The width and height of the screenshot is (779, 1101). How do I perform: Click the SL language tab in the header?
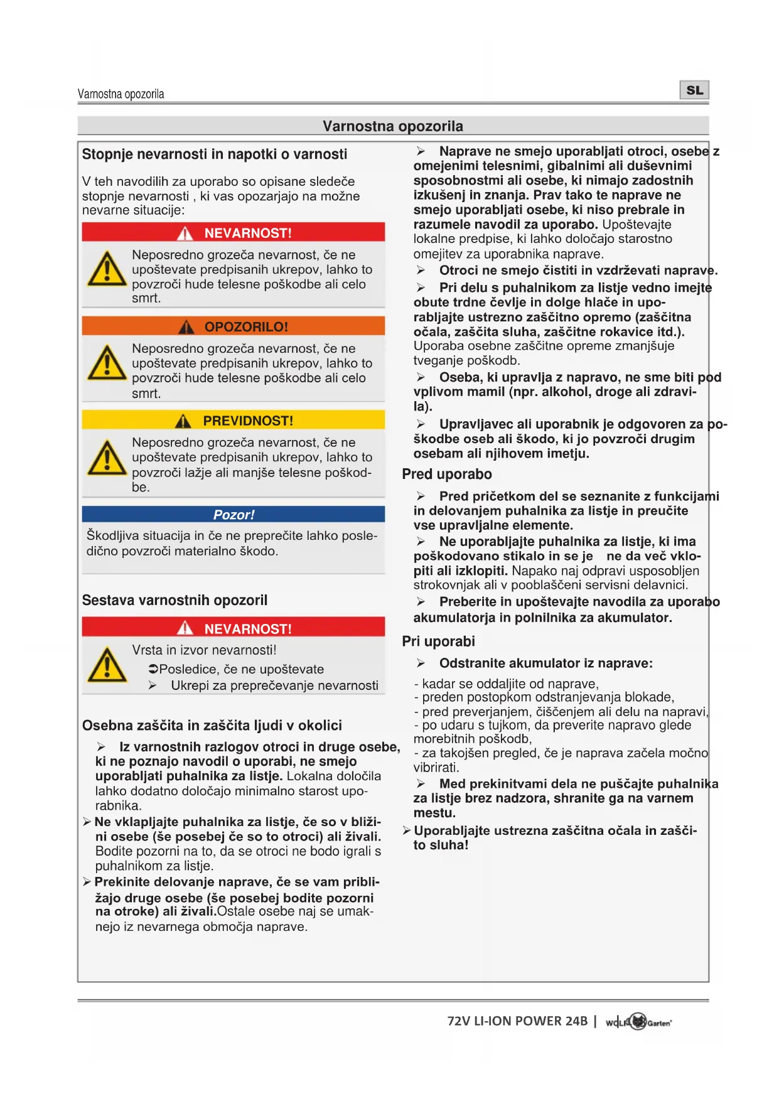tap(694, 90)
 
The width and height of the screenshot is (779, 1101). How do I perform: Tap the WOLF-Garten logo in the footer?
tap(638, 1022)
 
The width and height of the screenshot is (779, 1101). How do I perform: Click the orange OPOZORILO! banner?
tap(233, 326)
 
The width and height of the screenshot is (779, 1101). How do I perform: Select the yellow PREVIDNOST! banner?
tap(233, 420)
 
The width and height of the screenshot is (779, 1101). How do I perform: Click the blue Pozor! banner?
tap(233, 515)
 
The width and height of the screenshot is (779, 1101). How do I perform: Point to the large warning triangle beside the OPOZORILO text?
tap(107, 363)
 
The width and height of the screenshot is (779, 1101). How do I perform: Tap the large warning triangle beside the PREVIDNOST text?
tap(107, 458)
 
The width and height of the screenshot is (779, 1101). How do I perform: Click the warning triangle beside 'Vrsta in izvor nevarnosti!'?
tap(107, 665)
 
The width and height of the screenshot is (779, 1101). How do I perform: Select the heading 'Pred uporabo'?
tap(447, 475)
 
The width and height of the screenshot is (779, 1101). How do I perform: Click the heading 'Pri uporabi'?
tap(438, 642)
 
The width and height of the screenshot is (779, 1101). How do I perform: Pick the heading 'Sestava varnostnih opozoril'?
tap(175, 601)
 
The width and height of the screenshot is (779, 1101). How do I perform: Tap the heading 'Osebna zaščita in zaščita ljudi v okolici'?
tap(212, 726)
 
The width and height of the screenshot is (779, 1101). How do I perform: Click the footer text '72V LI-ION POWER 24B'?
tap(517, 1021)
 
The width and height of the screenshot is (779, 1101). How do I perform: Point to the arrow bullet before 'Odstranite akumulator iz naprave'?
tap(421, 663)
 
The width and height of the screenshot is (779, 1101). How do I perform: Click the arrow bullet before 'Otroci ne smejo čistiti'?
tap(421, 271)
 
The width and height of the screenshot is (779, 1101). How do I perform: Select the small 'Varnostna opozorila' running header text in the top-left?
tap(121, 94)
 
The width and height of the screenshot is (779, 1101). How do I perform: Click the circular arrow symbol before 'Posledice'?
tap(153, 669)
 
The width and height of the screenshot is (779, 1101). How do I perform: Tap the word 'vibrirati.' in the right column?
tap(436, 768)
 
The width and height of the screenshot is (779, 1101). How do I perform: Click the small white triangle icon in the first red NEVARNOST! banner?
tap(185, 234)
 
